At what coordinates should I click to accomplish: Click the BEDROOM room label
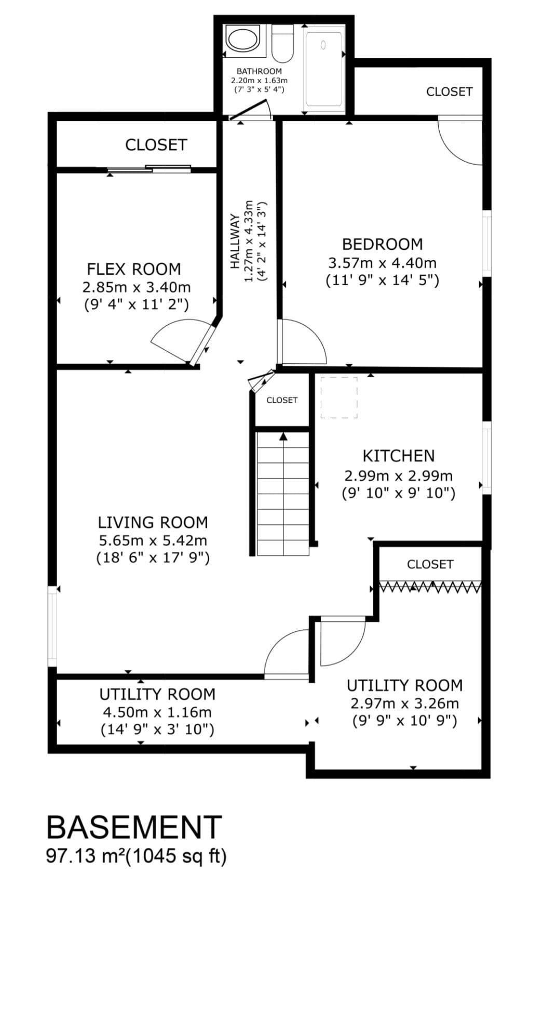click(x=382, y=244)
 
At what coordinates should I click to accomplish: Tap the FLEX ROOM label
click(x=134, y=269)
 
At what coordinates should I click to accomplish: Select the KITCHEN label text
click(x=398, y=456)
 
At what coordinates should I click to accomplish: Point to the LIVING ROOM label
click(x=153, y=522)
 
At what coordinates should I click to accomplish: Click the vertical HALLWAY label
click(x=235, y=241)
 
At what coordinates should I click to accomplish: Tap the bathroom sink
click(x=242, y=39)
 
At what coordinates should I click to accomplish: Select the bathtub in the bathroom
click(x=323, y=69)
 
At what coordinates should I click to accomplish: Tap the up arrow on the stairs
click(x=283, y=437)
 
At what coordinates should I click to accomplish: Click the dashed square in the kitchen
click(x=338, y=397)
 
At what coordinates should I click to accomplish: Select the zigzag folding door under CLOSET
click(x=430, y=587)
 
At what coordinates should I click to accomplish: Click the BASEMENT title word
click(x=134, y=827)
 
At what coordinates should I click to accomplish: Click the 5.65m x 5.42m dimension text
click(x=153, y=540)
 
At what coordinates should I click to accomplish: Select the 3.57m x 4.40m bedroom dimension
click(x=382, y=262)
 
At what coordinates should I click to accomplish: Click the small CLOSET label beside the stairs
click(x=282, y=400)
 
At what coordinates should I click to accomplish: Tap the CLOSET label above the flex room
click(x=156, y=144)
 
